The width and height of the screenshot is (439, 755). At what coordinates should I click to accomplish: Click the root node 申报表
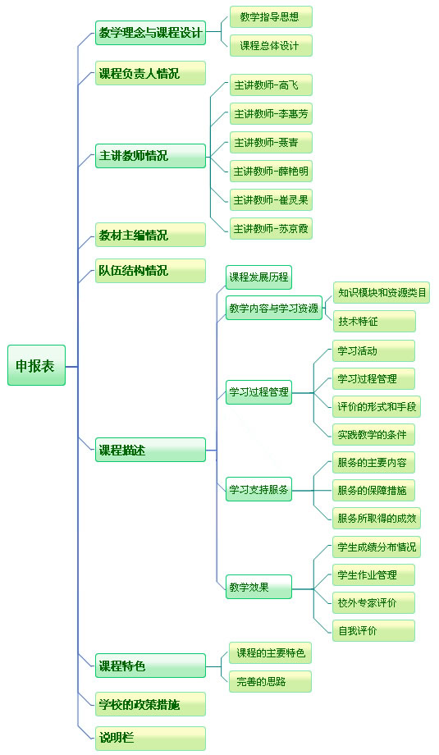tap(37, 365)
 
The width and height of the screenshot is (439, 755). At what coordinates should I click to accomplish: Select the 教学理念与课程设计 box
tap(151, 33)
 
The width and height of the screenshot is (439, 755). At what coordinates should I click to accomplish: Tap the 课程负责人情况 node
tap(151, 73)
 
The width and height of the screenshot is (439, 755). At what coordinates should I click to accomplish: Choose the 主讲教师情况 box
tap(151, 156)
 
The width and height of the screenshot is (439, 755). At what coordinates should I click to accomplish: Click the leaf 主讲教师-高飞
tap(271, 85)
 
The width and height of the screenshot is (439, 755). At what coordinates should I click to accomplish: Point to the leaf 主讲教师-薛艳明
tap(271, 171)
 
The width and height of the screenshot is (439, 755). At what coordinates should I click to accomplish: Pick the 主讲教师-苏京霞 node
tap(271, 228)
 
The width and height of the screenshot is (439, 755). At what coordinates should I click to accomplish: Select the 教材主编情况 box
tap(151, 235)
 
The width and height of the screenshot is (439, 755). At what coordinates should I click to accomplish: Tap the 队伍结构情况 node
tap(151, 271)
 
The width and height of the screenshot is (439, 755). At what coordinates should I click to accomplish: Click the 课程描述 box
tap(151, 450)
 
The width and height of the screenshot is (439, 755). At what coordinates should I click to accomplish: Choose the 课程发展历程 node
tap(259, 277)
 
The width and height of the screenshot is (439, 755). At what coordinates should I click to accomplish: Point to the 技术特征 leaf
tap(374, 321)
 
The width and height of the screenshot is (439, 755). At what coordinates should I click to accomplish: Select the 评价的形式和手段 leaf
tap(377, 406)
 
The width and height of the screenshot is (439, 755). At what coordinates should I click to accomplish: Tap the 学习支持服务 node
tap(259, 489)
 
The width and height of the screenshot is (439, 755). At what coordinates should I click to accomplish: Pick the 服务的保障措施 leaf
tap(373, 490)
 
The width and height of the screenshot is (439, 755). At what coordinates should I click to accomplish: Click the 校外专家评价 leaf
tap(373, 602)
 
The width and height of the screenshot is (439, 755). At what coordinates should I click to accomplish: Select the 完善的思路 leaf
tap(271, 681)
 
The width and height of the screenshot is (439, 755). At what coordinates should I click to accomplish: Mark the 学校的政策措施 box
tap(151, 704)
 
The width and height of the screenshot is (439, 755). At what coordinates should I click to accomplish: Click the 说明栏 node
tap(151, 738)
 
